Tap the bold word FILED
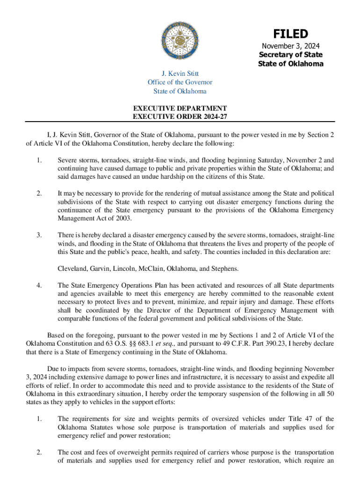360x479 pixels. [290, 34]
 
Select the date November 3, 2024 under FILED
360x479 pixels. [290, 46]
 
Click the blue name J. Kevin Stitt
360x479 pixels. [180, 73]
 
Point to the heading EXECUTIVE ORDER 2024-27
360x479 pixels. [180, 116]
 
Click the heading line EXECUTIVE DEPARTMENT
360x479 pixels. [180, 108]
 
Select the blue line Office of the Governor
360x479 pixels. [180, 82]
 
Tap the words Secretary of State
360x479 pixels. [290, 55]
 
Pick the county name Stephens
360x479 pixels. [224, 269]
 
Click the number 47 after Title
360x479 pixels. [315, 419]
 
